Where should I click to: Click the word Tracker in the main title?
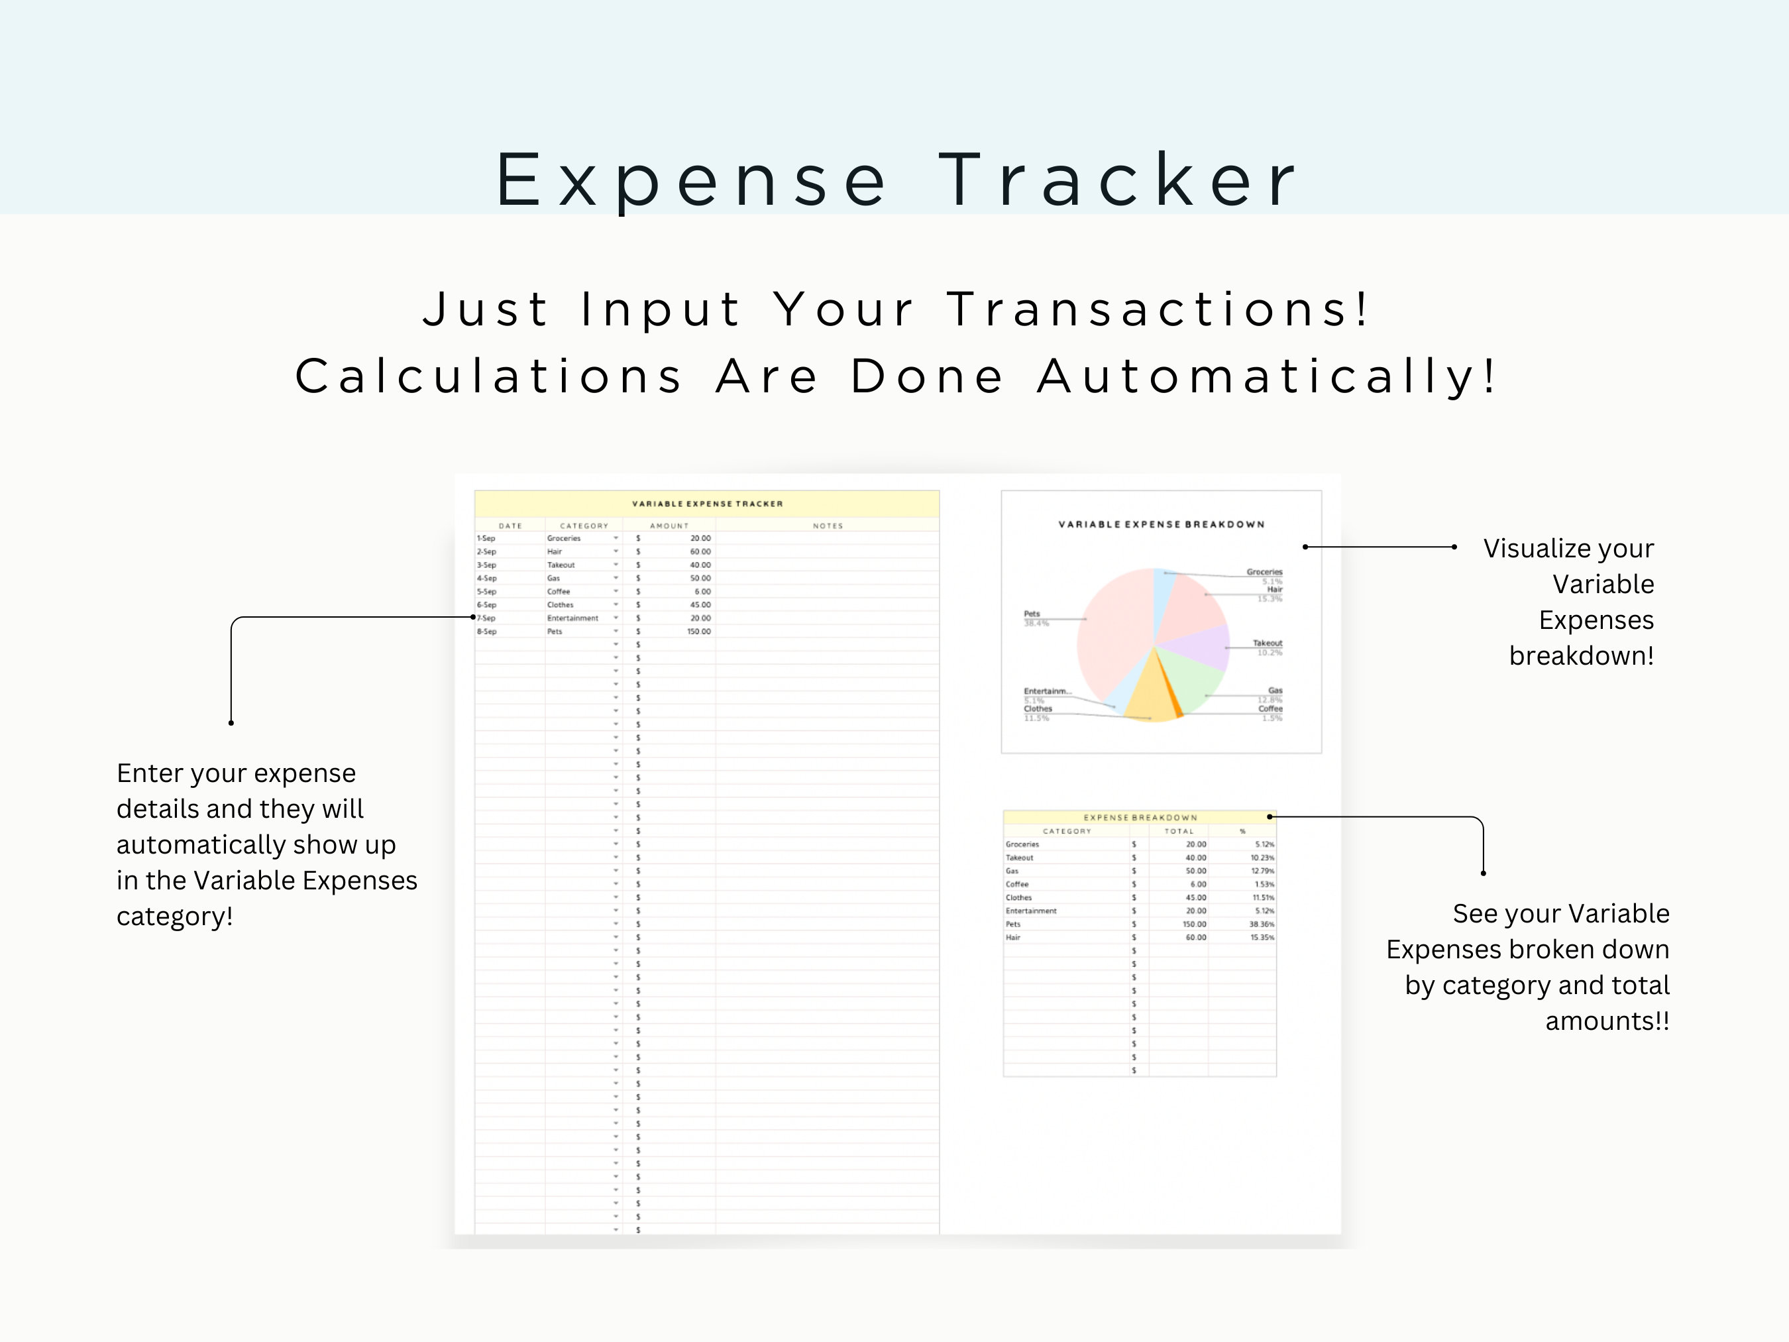tap(1118, 180)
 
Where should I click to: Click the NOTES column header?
tap(828, 526)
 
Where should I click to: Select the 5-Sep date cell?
tap(486, 591)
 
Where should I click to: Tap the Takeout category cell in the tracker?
tap(561, 565)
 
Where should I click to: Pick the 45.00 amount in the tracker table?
tap(700, 604)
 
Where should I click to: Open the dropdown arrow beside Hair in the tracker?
tap(616, 551)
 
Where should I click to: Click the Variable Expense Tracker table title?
tap(707, 504)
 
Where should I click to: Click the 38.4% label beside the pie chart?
tap(1036, 624)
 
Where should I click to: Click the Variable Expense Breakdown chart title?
tap(1161, 524)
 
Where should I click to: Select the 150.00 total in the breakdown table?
tap(1194, 924)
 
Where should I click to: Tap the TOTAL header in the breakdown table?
tap(1178, 832)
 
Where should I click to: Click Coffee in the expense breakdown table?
tap(1018, 884)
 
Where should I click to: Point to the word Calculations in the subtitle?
tap(488, 377)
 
